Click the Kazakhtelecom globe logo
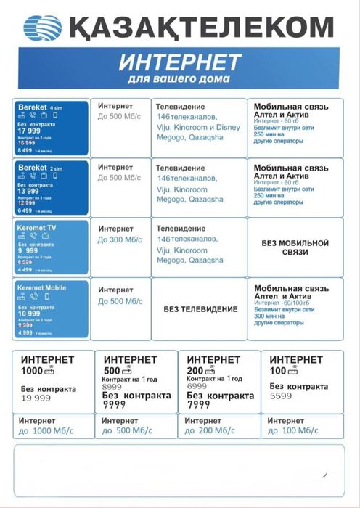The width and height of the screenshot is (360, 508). (x=43, y=28)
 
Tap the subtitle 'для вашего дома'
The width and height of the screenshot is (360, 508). (x=179, y=78)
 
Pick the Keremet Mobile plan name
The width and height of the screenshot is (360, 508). (x=41, y=287)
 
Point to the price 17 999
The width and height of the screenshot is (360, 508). (x=29, y=131)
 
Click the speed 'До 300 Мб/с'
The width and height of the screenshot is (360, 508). (x=120, y=239)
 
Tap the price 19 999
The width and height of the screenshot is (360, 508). (x=36, y=398)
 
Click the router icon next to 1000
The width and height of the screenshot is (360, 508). (x=50, y=372)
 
